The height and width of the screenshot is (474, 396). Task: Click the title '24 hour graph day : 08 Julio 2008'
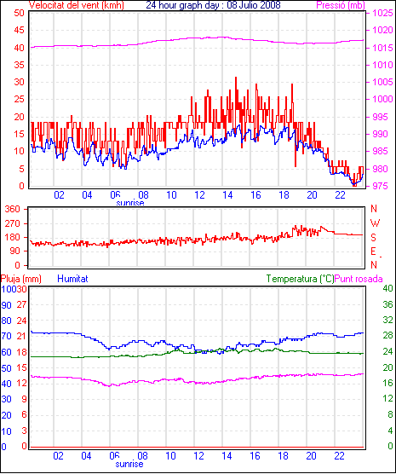coord(213,5)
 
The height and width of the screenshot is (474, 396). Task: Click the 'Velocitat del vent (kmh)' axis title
coord(77,5)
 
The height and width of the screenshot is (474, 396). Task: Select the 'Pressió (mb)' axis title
coord(341,5)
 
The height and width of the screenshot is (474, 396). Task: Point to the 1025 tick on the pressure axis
coord(382,13)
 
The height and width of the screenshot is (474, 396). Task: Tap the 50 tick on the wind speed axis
coord(20,13)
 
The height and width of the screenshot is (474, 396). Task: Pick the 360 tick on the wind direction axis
coord(13,209)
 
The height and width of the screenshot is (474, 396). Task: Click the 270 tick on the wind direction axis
coord(13,223)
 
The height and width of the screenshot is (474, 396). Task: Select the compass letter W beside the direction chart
coord(375,223)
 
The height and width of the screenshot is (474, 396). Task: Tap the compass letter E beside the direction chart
coord(373,251)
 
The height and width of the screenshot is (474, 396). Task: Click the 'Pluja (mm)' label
coord(20,279)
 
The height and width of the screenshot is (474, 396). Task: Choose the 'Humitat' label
coord(72,279)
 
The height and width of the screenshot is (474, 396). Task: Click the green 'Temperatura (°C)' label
coord(301,279)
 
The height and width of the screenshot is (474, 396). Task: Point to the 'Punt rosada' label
coord(359,279)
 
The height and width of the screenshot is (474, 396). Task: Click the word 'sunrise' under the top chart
coord(130,203)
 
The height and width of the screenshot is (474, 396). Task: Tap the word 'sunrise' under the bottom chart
coord(129,464)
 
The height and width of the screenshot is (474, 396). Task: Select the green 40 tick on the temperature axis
coord(387,288)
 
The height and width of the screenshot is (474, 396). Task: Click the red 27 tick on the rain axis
coord(21,304)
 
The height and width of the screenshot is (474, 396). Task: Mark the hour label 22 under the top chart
coord(340,195)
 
